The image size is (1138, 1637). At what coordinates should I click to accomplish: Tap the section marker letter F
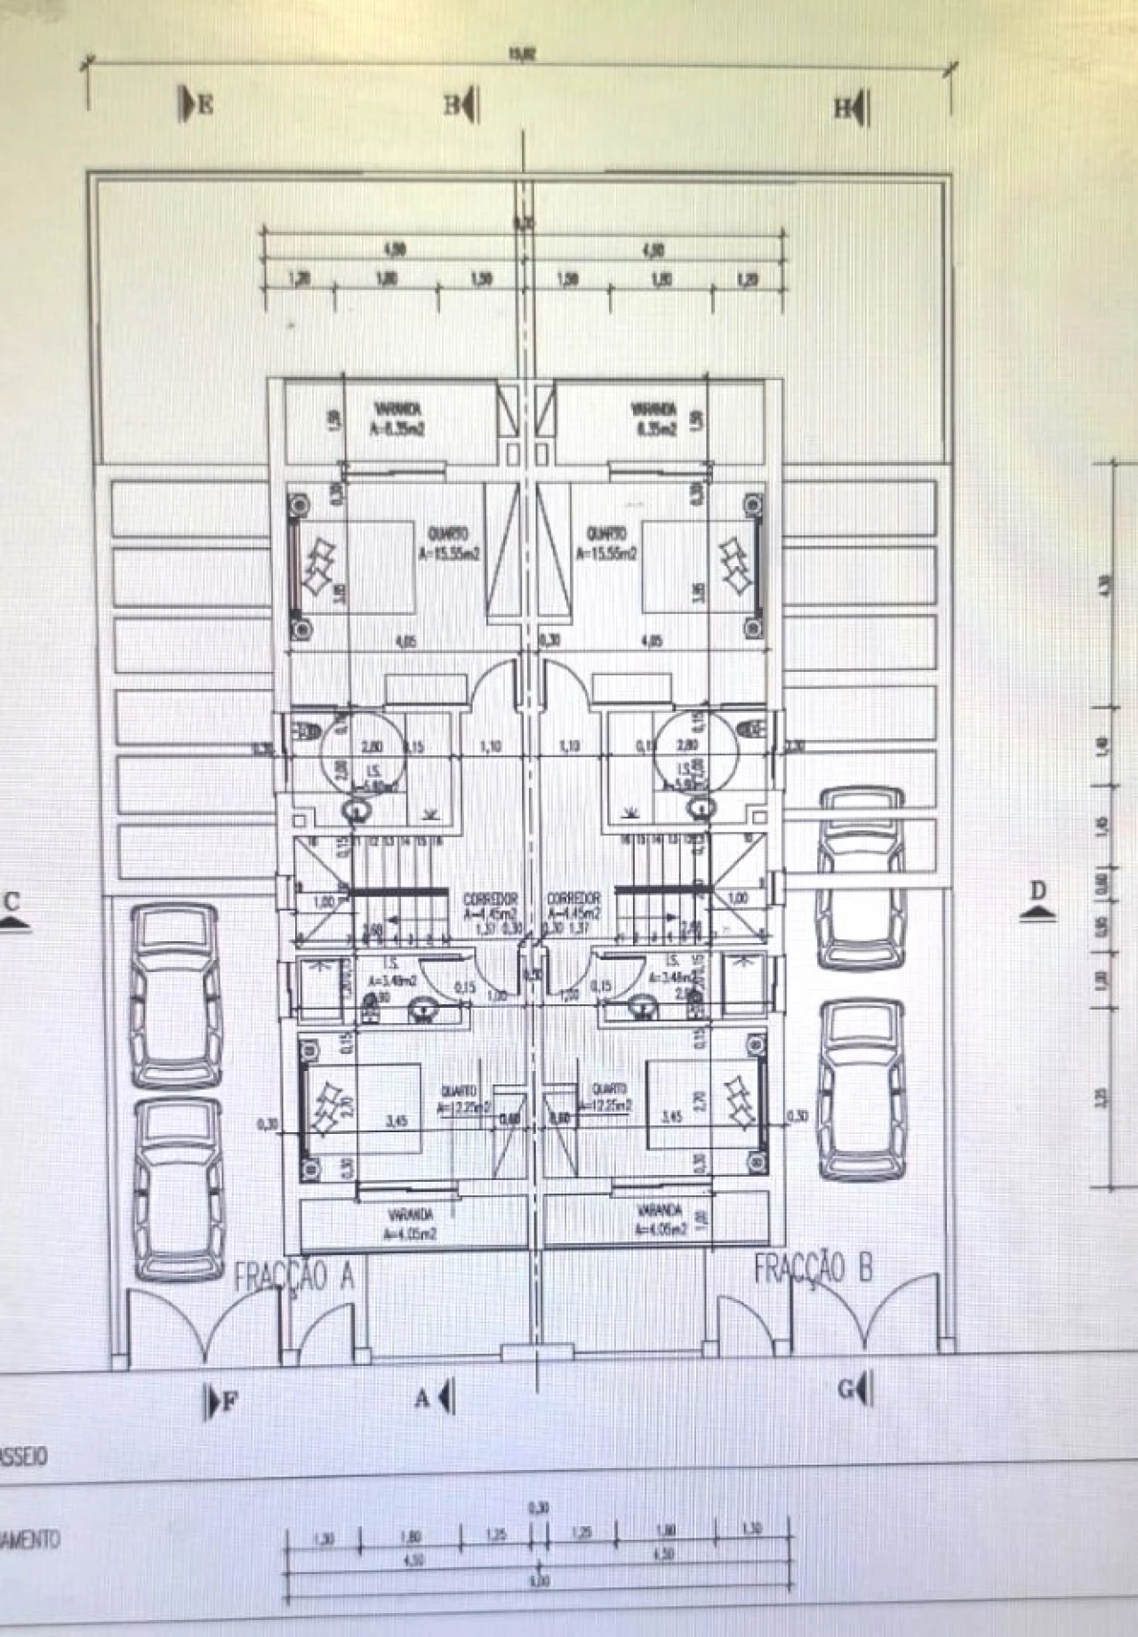pos(230,1402)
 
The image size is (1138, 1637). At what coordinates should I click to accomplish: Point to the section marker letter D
pos(1038,890)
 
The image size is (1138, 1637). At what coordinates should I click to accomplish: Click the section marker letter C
pos(12,902)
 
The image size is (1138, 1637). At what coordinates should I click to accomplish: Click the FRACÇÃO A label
pos(294,1277)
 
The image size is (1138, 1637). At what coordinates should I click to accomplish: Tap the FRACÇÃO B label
pos(813,1268)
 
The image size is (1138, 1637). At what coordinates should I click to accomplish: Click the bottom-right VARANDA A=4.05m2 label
pos(660,1219)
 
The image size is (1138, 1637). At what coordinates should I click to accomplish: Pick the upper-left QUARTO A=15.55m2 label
pos(448,541)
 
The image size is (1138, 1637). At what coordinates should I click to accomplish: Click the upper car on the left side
pos(176,994)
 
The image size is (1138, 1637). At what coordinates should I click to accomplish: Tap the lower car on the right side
pos(862,1090)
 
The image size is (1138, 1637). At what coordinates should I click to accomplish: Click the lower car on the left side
pos(179,1188)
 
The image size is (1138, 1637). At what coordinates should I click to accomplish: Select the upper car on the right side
pos(862,878)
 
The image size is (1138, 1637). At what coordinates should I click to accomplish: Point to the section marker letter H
pos(841,108)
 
